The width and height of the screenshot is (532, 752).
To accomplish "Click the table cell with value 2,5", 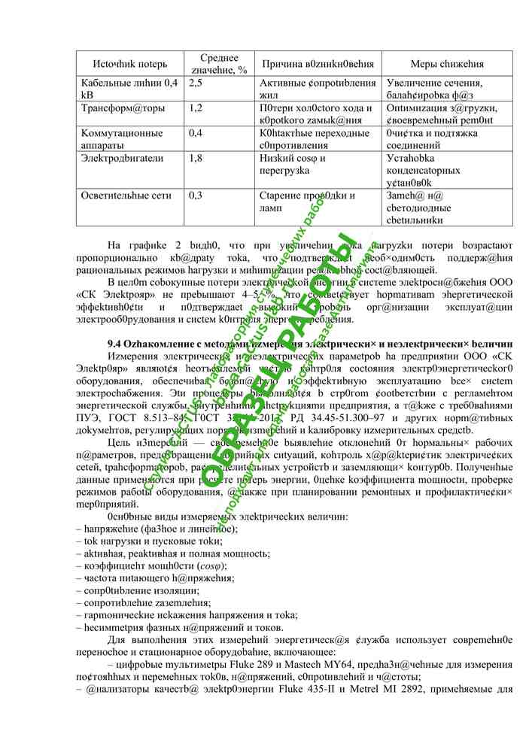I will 195,83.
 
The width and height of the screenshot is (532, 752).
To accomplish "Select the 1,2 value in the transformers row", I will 195,108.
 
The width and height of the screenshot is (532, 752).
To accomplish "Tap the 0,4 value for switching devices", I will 195,133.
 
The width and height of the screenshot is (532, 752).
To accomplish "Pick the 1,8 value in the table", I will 195,158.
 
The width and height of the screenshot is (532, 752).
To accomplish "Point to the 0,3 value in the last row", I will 195,196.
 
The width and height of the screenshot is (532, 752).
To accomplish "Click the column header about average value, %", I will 219,64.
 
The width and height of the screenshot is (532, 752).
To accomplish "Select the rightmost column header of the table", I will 447,65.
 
